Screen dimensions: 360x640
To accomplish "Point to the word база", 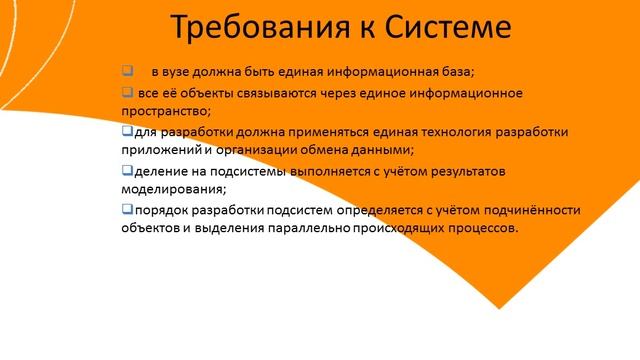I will [458, 73].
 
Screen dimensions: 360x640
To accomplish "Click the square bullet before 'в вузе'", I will [127, 71].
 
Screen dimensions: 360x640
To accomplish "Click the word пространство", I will [161, 110].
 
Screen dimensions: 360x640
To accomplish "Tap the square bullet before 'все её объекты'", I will [127, 91].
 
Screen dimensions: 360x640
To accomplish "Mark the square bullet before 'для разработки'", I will [126, 130].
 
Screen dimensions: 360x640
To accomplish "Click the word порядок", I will [162, 210].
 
